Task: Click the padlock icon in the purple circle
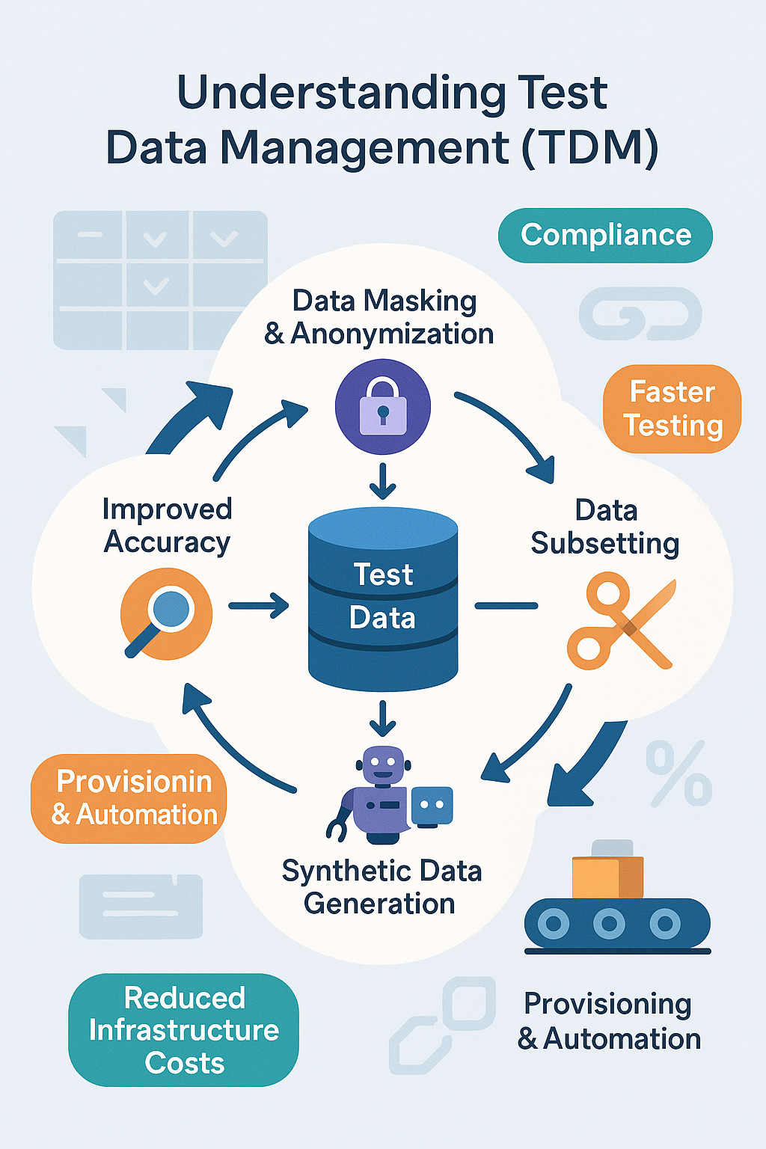click(383, 408)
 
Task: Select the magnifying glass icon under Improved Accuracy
click(166, 613)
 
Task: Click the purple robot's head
click(383, 765)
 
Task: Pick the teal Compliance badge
click(605, 235)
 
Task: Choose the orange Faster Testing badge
click(672, 408)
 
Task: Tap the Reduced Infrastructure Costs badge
click(184, 1029)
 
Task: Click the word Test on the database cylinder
click(383, 574)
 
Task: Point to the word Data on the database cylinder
click(382, 618)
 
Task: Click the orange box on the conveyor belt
click(607, 877)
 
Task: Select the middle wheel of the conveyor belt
click(609, 924)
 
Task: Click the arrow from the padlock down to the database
click(383, 481)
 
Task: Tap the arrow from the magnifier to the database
click(259, 605)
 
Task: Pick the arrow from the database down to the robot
click(383, 718)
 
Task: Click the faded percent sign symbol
click(678, 773)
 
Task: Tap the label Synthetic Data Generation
click(382, 887)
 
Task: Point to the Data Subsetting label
click(605, 527)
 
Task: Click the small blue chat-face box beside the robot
click(432, 806)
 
